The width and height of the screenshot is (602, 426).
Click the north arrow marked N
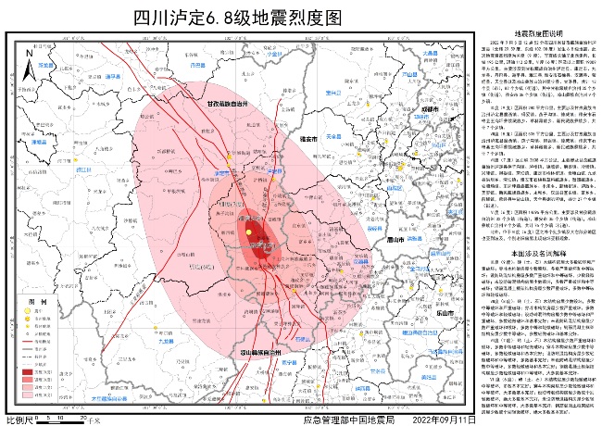(29, 63)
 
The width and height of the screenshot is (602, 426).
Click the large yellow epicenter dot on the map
(248, 232)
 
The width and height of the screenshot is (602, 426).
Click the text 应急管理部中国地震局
(348, 420)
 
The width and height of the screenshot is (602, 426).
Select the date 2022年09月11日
(445, 420)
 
